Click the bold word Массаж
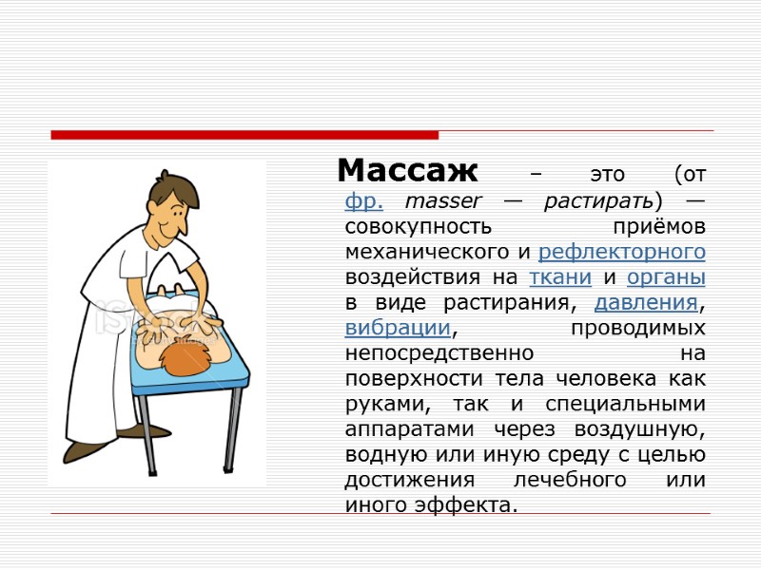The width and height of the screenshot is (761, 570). click(407, 172)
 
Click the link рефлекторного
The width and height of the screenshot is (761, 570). click(622, 252)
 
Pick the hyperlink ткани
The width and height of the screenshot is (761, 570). click(560, 277)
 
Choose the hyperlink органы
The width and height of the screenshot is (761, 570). click(666, 277)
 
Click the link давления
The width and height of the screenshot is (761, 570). click(646, 303)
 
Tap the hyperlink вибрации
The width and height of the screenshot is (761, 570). click(397, 328)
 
